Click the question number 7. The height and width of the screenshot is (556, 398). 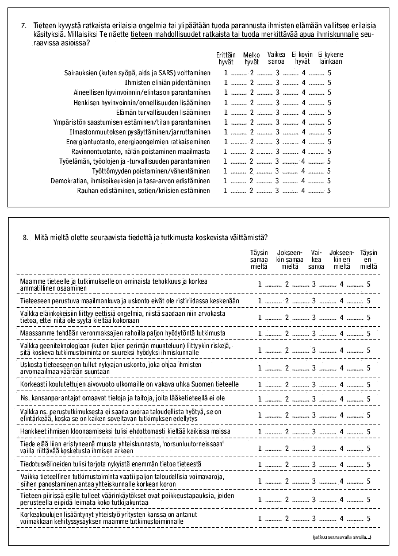[23, 26]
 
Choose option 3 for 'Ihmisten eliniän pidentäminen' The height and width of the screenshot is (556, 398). [277, 83]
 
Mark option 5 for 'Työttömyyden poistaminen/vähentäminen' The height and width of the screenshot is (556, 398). [329, 171]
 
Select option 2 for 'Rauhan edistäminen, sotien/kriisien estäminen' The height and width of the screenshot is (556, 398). [251, 190]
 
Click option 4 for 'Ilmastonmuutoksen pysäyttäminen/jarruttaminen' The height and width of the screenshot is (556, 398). [304, 132]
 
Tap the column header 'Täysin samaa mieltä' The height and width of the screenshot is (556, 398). [259, 260]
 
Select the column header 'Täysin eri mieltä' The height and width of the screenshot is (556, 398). [368, 260]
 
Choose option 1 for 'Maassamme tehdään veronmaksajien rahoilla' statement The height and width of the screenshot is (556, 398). [260, 333]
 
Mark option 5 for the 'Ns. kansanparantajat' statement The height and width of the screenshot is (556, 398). [368, 399]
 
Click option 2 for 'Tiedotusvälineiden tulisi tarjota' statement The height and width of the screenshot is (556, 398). [287, 465]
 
